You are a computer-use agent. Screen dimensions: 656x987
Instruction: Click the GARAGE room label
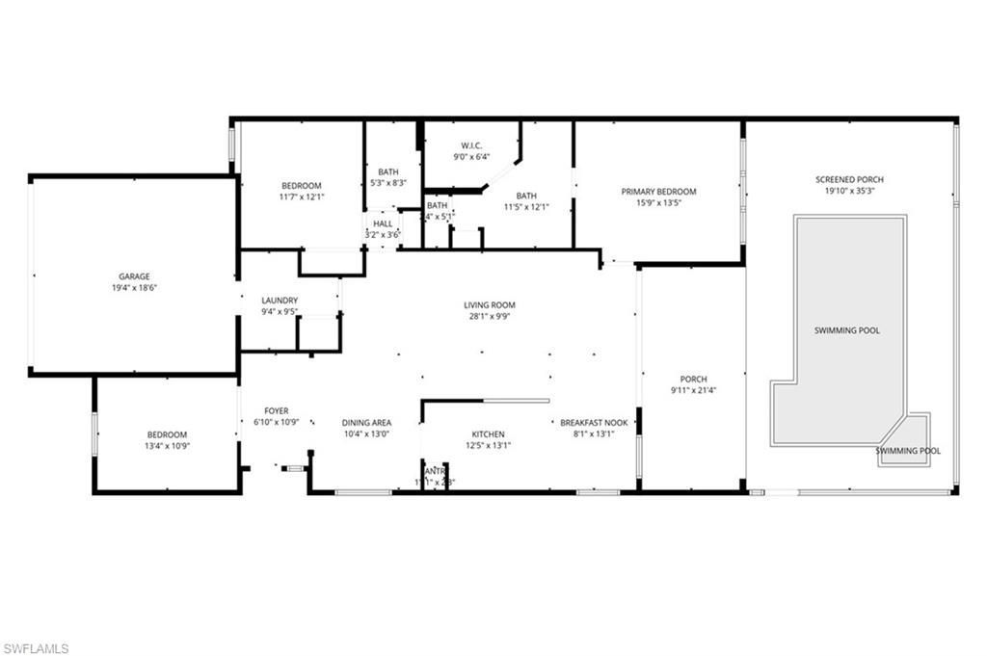pos(134,276)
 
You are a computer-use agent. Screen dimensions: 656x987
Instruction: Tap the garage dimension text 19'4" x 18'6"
pos(134,288)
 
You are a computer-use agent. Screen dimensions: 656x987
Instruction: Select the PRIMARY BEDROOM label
pos(658,192)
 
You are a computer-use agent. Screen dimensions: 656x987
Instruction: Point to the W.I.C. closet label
pos(471,144)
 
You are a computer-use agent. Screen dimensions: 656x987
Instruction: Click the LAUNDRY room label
pos(280,301)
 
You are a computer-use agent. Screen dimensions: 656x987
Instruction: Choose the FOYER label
pos(277,411)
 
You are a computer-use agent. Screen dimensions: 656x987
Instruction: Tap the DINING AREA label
pos(366,423)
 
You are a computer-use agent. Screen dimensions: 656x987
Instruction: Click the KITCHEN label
pos(488,434)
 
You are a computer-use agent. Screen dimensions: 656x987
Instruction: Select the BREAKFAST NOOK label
pos(594,423)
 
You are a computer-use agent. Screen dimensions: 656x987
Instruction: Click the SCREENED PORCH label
pos(849,179)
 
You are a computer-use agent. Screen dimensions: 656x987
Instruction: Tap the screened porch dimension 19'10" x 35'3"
pos(849,191)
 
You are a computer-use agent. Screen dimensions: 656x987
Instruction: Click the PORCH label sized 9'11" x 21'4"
pos(694,379)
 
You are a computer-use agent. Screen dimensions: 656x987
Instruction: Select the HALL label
pos(383,223)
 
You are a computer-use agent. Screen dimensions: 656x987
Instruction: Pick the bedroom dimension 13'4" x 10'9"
pos(167,446)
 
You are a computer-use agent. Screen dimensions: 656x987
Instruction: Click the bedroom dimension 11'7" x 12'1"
pos(302,197)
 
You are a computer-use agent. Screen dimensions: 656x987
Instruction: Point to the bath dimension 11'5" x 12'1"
pos(525,206)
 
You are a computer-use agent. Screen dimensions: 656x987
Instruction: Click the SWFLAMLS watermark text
pos(36,648)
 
